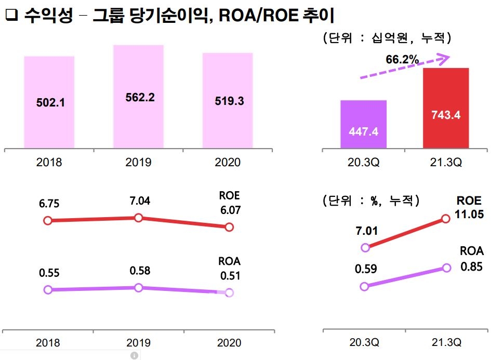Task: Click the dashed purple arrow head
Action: point(443,59)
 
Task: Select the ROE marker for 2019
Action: point(138,218)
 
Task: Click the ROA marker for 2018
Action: point(48,289)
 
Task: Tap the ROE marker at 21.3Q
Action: point(445,219)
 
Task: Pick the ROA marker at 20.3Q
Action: point(364,286)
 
